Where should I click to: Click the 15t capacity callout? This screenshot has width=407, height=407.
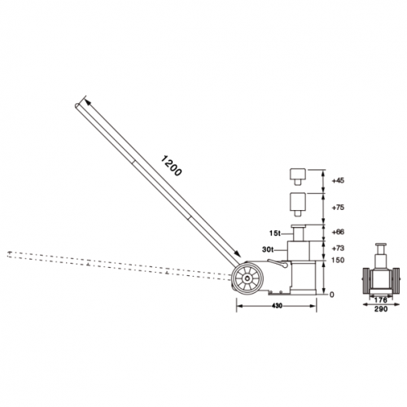point(276,233)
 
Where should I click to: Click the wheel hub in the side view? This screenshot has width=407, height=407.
point(245,281)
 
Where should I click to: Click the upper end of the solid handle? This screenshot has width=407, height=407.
point(80,104)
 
